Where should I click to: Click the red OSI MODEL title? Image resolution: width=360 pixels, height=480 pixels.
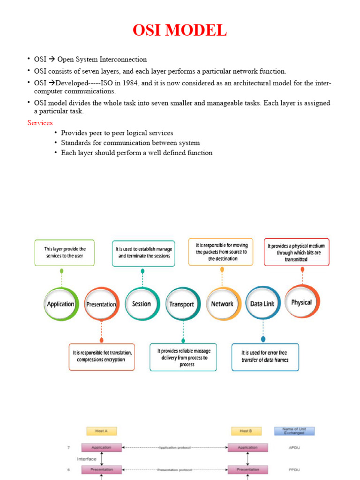coord(180,30)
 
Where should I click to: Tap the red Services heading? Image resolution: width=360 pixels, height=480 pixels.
coord(40,123)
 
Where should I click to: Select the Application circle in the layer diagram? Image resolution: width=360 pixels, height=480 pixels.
coord(61,304)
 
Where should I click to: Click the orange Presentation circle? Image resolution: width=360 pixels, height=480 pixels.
coord(101,304)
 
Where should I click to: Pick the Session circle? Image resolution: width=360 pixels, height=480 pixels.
coord(142,304)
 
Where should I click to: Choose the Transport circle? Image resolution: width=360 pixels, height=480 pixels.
coord(182,304)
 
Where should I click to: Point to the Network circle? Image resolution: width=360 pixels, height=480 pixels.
coord(222,304)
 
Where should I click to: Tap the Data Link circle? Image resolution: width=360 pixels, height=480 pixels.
coord(262,304)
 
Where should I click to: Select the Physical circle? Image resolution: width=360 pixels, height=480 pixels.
coord(301,302)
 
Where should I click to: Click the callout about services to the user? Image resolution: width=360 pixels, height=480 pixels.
coord(64,253)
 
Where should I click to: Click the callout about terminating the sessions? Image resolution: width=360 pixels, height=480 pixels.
coord(144,253)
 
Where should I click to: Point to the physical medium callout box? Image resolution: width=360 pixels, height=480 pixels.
coord(296,252)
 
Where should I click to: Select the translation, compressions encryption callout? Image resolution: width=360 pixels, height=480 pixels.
coord(102,356)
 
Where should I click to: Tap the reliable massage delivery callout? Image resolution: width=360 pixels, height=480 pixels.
coord(183,357)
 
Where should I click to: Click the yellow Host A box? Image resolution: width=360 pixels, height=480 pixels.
coord(101,431)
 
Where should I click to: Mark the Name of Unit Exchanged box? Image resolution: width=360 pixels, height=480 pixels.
coord(294,431)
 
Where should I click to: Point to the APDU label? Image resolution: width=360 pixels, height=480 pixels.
coord(294,448)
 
